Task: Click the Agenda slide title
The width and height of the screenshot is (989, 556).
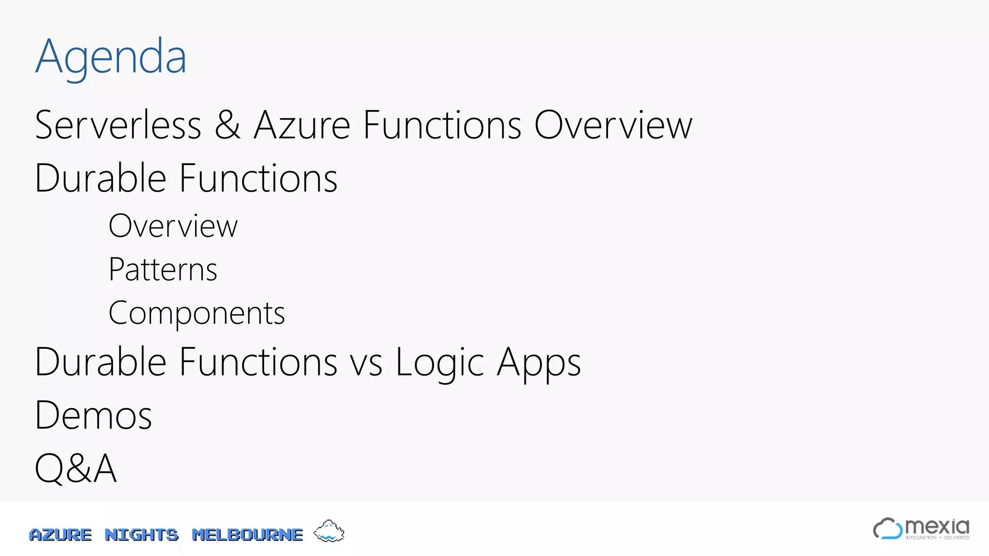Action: pyautogui.click(x=111, y=57)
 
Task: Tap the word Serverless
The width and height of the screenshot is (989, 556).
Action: pyautogui.click(x=118, y=125)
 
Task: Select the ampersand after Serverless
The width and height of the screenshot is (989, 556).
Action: pyautogui.click(x=227, y=125)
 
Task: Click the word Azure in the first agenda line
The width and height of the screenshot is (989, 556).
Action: pyautogui.click(x=302, y=125)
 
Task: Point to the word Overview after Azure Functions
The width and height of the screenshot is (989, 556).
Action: pyautogui.click(x=613, y=125)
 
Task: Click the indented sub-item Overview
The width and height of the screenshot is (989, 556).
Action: pyautogui.click(x=173, y=226)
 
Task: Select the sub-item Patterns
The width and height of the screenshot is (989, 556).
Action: pyautogui.click(x=163, y=269)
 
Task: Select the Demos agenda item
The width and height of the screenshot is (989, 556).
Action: pyautogui.click(x=94, y=416)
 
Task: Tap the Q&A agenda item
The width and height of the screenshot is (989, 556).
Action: pyautogui.click(x=76, y=468)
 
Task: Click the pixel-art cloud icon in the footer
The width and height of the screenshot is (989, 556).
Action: pyautogui.click(x=329, y=531)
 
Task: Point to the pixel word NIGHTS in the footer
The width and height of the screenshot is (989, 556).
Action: pyautogui.click(x=141, y=535)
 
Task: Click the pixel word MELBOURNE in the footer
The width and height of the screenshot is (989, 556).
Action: pyautogui.click(x=247, y=535)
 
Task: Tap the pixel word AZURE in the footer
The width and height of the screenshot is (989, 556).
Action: pyautogui.click(x=60, y=535)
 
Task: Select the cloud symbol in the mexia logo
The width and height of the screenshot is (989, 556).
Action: pyautogui.click(x=887, y=528)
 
